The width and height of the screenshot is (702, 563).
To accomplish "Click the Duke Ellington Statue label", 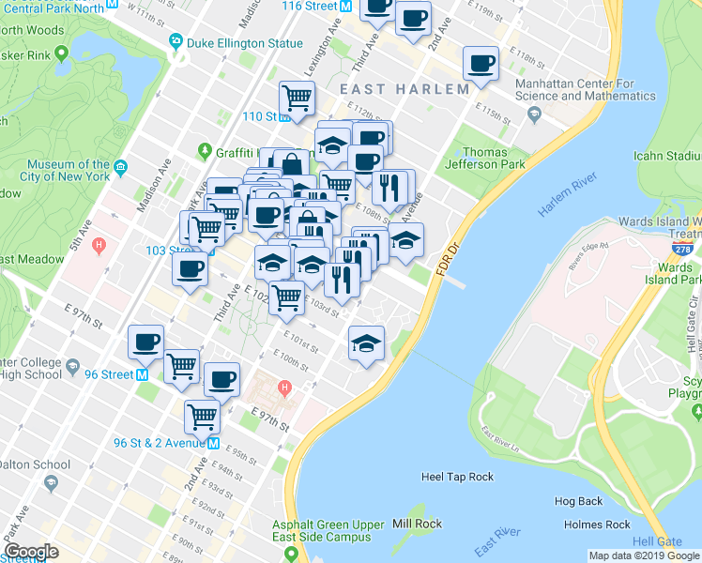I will [x=245, y=42].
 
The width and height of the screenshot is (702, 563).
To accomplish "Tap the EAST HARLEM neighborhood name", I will [x=404, y=89].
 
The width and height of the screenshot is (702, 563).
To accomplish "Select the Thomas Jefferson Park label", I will [x=484, y=160].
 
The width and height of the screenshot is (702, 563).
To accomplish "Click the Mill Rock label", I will [x=417, y=524].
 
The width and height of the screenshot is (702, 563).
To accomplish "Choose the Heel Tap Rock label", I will [x=457, y=477].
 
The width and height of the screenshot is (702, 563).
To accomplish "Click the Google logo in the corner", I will [x=31, y=552].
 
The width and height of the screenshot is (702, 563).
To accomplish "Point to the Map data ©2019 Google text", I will [x=643, y=555].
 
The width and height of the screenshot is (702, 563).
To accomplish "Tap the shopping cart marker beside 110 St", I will [x=297, y=97].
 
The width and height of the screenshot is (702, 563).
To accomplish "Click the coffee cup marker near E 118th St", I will [x=481, y=64].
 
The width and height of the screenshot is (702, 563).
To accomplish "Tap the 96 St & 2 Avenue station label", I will [x=160, y=443].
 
